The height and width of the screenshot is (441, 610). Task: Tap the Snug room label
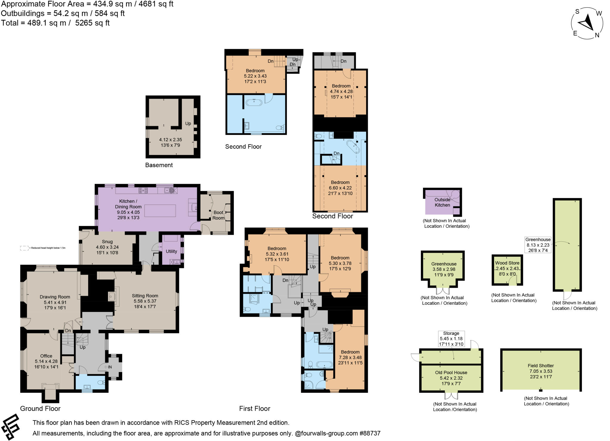[107, 242]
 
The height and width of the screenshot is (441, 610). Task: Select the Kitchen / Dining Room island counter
[160, 211]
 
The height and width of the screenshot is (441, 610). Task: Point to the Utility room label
[171, 251]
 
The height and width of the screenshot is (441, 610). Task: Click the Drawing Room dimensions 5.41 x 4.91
[55, 302]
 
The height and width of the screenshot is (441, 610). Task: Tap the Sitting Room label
[145, 296]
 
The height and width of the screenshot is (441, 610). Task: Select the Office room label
[46, 356]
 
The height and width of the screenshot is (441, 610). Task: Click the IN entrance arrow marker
[108, 367]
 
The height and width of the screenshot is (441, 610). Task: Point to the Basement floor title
[159, 165]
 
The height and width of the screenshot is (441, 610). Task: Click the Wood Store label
[507, 263]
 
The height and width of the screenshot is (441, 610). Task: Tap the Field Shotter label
[541, 366]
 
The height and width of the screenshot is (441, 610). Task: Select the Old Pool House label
[451, 373]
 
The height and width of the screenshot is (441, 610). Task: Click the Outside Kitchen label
[442, 202]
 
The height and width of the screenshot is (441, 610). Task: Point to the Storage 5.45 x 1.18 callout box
[451, 339]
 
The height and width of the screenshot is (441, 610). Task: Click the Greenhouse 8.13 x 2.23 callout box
[538, 245]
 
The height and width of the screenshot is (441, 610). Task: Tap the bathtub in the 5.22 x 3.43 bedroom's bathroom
[254, 103]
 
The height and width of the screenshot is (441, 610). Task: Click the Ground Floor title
[40, 409]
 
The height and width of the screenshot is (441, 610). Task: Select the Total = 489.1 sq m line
[55, 23]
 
